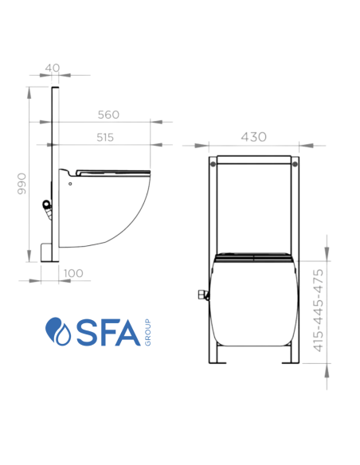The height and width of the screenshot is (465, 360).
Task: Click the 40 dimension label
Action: [53, 68]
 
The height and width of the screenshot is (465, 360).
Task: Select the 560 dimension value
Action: [109, 114]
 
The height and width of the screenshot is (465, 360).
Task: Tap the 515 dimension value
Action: [105, 137]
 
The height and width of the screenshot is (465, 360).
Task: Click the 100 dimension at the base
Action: [72, 273]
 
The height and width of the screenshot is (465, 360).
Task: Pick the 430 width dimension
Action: [253, 137]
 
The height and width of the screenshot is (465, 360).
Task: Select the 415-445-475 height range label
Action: [318, 311]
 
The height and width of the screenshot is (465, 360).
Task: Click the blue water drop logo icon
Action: [58, 332]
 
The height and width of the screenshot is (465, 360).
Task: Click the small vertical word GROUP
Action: [148, 333]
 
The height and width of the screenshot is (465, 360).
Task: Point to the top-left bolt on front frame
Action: [213, 164]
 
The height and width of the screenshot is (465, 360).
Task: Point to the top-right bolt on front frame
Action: [295, 164]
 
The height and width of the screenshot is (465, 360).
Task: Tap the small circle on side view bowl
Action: [70, 184]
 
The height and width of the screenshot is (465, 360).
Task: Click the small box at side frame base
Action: [48, 252]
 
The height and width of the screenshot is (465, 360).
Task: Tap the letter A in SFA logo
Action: [128, 333]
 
